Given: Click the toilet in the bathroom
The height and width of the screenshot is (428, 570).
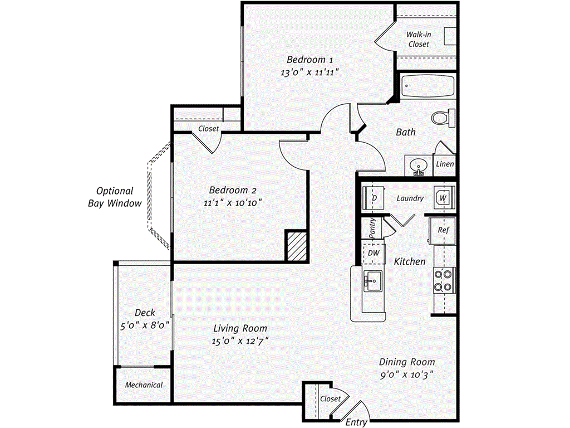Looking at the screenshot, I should [443, 118].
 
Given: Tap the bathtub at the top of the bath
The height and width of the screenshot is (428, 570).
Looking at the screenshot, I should [427, 86].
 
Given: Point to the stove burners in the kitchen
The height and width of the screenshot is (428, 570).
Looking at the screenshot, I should [444, 281].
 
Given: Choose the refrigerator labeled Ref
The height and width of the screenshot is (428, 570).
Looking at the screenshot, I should [443, 230].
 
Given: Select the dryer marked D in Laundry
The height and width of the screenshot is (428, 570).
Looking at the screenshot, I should [374, 198].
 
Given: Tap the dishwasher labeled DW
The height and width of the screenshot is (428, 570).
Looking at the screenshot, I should [373, 253].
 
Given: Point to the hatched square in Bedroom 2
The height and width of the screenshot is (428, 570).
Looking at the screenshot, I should [297, 245].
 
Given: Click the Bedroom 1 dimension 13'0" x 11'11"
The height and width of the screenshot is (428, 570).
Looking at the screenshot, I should [310, 72].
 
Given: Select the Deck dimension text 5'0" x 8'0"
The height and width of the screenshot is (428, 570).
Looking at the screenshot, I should [145, 324].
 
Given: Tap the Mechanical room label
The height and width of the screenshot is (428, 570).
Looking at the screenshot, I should [144, 385].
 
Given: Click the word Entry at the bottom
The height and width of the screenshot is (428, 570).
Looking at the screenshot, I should [356, 422].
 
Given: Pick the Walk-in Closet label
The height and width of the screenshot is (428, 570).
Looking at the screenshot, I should [419, 39].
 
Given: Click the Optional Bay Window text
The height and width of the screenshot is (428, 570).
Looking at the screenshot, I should [115, 197].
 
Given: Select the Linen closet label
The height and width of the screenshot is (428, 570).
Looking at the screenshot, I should [445, 164].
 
